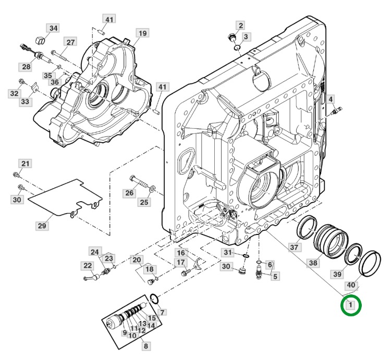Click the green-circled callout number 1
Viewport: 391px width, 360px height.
(x=351, y=305)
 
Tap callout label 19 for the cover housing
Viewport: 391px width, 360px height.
(x=142, y=33)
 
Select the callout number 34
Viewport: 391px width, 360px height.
(x=53, y=28)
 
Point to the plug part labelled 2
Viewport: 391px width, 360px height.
(x=231, y=38)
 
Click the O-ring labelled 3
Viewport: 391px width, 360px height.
(x=237, y=47)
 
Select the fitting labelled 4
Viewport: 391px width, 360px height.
(x=336, y=110)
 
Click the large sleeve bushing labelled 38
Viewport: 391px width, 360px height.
(x=331, y=241)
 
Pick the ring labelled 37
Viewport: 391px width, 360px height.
(x=307, y=227)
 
